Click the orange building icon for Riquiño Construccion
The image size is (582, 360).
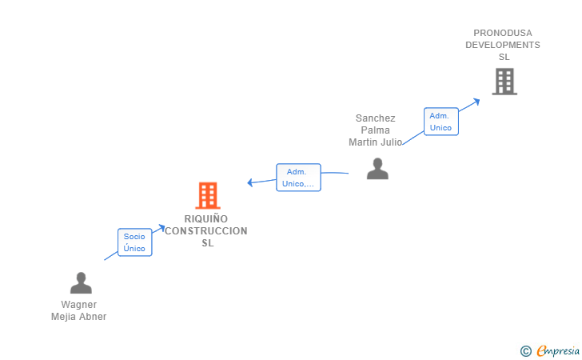207,195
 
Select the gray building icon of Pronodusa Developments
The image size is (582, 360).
504,82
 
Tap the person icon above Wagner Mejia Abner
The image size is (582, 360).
81,283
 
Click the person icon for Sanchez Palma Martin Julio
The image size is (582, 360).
377,169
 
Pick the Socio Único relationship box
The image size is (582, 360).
134,242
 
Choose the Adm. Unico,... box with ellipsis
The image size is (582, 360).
298,178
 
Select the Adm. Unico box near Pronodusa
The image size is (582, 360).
440,122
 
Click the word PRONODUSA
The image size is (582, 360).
503,33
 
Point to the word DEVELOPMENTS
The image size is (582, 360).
503,45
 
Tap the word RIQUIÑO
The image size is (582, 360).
206,219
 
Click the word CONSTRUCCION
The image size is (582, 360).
206,231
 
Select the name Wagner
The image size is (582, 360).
79,305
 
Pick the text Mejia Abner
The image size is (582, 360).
79,317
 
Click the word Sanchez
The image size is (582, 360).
376,118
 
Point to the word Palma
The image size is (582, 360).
376,130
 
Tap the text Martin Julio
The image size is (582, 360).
376,142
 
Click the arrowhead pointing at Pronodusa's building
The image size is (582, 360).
476,100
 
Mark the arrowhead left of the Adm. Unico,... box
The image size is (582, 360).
250,182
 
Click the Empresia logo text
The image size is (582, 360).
558,350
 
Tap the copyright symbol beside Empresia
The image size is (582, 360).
525,350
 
